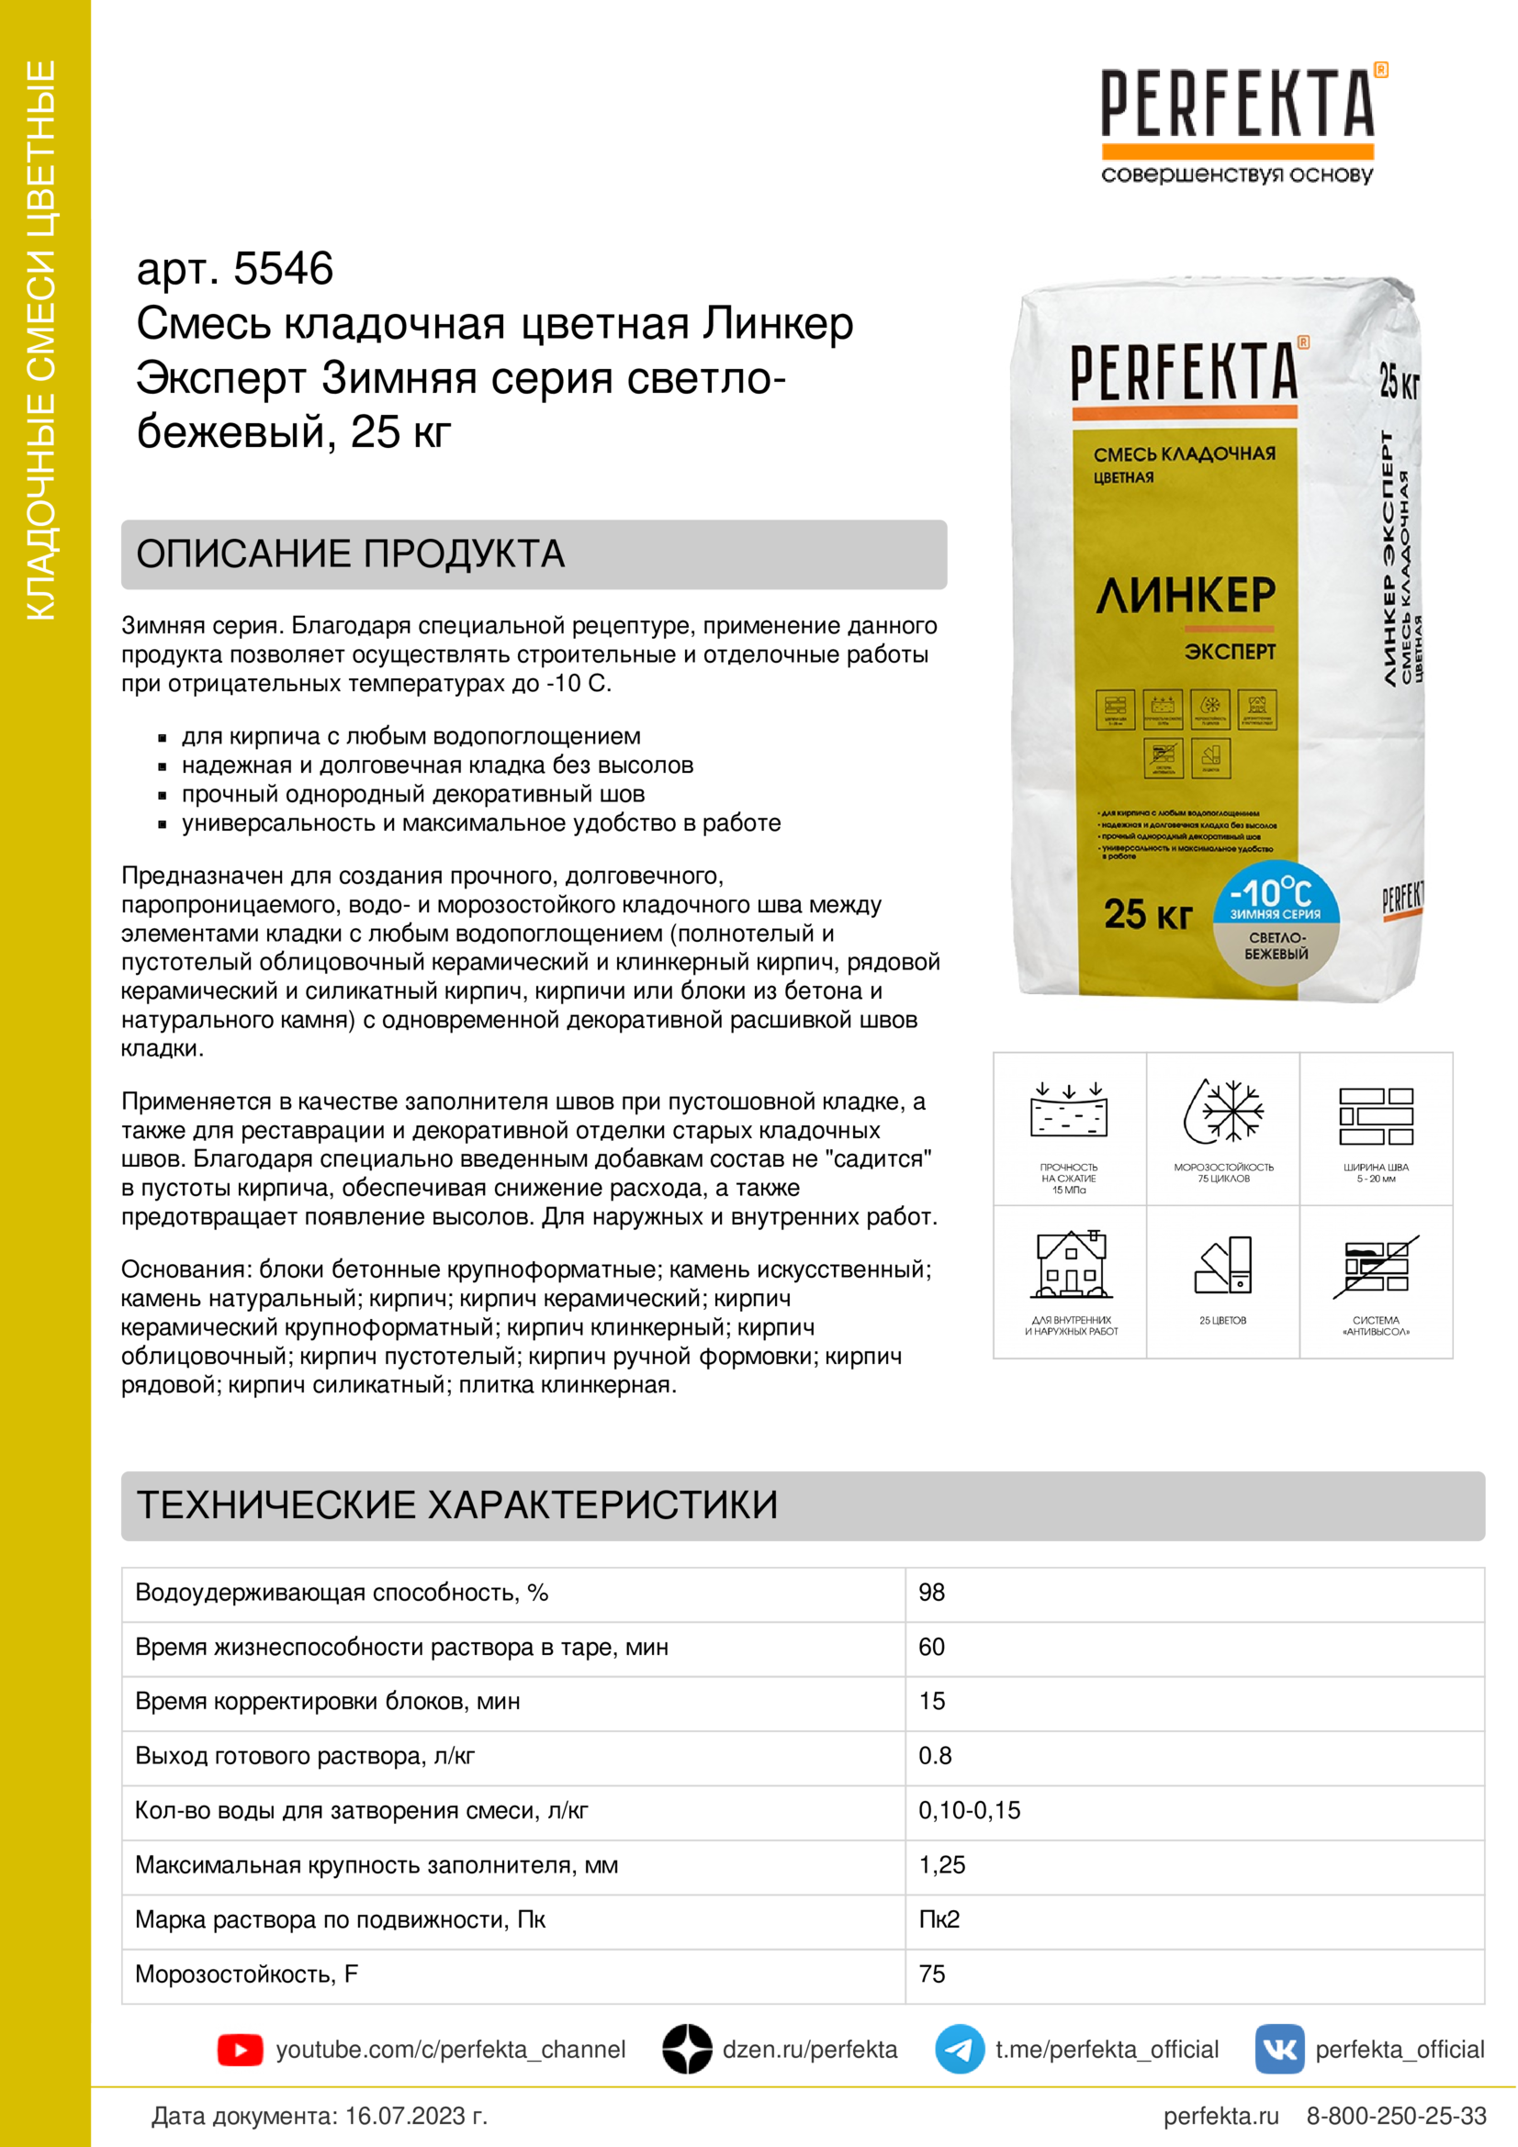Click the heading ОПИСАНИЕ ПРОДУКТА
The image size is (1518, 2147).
point(351,554)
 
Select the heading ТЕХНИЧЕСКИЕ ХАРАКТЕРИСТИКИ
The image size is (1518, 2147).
point(457,1504)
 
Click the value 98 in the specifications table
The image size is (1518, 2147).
point(931,1593)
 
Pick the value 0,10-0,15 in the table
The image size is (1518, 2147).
point(969,1810)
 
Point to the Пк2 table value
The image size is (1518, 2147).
point(939,1919)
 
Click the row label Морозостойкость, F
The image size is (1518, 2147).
point(247,1974)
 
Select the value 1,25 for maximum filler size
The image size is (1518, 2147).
point(942,1864)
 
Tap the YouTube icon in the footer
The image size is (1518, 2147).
point(241,2050)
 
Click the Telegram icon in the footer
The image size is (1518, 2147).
point(960,2050)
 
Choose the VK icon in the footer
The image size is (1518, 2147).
point(1279,2050)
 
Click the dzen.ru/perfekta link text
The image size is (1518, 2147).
point(809,2050)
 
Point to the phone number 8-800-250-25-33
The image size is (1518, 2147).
point(1397,2116)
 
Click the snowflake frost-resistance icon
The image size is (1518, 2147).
point(1223,1112)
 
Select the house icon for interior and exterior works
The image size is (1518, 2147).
point(1071,1264)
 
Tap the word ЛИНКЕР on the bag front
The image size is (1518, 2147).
point(1185,596)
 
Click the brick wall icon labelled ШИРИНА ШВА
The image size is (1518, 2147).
point(1376,1116)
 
